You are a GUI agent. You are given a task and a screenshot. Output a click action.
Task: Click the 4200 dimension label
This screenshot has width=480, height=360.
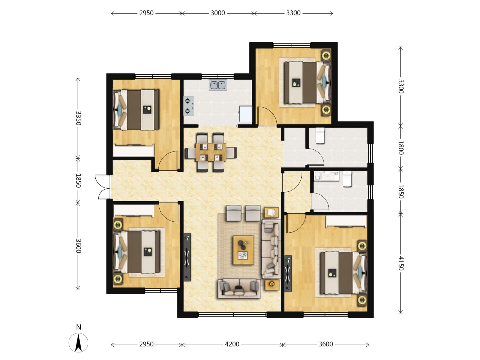[232, 344]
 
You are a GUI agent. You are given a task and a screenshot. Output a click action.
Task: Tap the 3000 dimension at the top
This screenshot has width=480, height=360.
[218, 13]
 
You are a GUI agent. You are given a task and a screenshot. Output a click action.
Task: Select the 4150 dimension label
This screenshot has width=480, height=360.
[400, 263]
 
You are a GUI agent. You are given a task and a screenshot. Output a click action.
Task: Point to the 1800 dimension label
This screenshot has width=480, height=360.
[400, 148]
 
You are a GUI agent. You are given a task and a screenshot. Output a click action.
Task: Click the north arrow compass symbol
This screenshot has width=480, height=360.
[78, 343]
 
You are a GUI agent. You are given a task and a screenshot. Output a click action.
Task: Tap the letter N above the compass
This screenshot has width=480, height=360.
[79, 327]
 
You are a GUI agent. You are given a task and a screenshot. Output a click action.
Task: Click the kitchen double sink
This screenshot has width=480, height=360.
[218, 85]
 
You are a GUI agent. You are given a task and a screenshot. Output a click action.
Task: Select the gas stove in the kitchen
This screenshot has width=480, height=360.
[189, 106]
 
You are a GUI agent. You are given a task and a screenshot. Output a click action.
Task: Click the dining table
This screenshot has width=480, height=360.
[211, 152]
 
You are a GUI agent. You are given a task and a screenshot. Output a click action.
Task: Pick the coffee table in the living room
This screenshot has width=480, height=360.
[243, 250]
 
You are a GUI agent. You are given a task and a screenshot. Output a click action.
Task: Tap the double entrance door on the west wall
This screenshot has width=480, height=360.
[102, 187]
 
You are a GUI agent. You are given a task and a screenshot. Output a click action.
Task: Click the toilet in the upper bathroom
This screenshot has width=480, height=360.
[320, 136]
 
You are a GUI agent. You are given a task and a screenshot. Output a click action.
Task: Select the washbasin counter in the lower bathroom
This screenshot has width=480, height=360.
[326, 176]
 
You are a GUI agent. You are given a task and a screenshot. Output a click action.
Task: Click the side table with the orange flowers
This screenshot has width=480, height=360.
[272, 285]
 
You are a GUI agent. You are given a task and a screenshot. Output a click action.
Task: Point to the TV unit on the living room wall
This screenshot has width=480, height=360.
[187, 257]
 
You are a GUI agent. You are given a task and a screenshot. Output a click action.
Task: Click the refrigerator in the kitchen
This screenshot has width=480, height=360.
[246, 114]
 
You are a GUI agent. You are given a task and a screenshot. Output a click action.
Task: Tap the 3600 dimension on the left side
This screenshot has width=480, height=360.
[78, 246]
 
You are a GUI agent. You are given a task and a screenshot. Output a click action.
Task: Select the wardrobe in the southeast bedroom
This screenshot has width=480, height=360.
[346, 221]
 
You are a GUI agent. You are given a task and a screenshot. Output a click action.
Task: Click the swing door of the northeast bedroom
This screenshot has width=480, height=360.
[267, 116]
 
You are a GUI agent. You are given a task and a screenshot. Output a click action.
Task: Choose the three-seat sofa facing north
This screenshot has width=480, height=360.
[239, 289]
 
